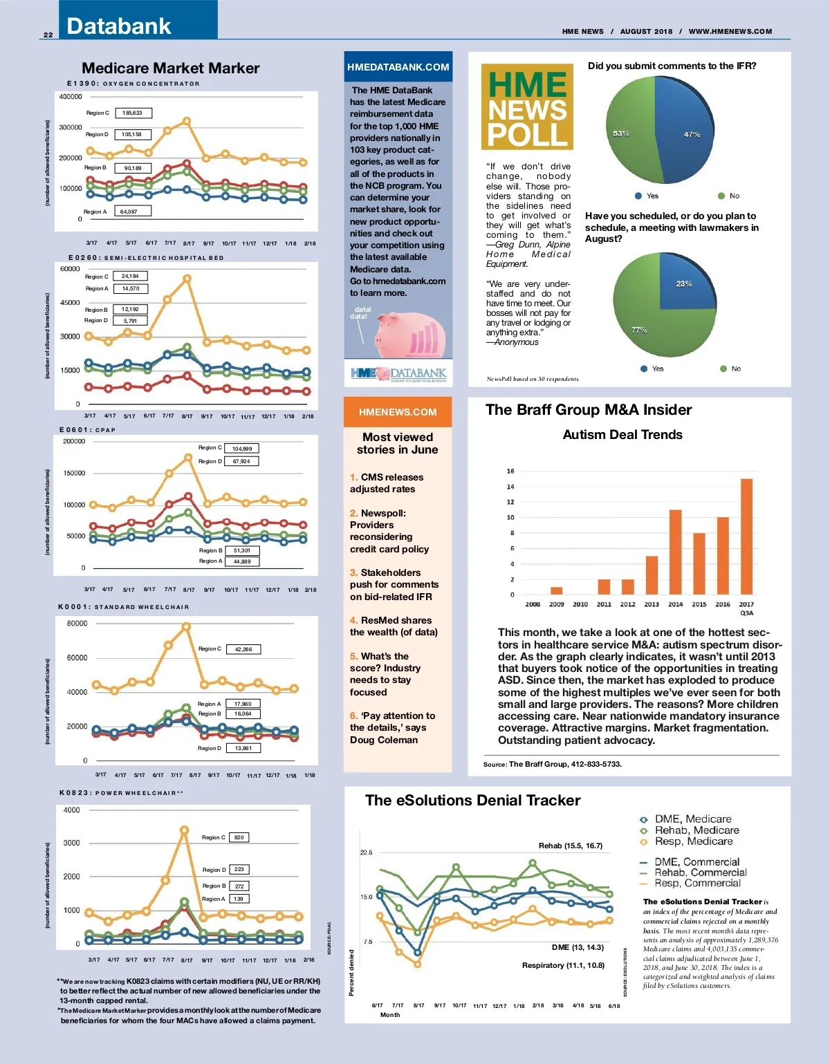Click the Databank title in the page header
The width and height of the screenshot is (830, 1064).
[118, 26]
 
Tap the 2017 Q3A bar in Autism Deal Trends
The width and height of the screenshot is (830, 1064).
[746, 536]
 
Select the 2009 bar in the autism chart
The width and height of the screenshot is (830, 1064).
[556, 590]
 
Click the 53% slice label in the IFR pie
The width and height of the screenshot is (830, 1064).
[621, 133]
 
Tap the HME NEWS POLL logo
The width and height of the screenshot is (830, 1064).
[527, 106]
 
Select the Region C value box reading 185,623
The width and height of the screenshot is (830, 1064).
[133, 113]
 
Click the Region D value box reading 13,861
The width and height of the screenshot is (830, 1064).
[243, 748]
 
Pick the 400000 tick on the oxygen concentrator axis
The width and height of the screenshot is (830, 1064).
[71, 97]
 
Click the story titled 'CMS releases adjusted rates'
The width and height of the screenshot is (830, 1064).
[387, 483]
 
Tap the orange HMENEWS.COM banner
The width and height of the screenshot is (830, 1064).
[398, 412]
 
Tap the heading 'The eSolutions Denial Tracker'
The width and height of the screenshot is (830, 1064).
[472, 800]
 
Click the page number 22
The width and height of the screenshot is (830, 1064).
[48, 35]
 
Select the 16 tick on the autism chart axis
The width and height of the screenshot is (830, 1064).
[510, 472]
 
